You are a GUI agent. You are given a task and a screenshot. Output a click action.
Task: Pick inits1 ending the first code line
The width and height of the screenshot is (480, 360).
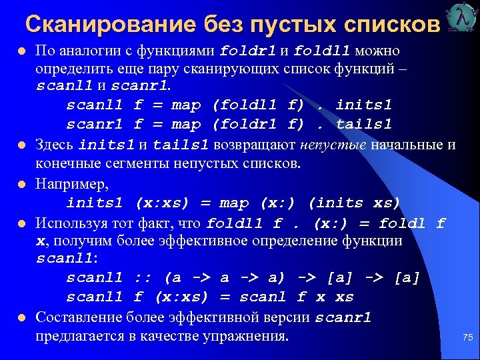pos(364,105)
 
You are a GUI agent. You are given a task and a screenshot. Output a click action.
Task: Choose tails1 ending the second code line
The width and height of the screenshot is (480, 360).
pos(364,125)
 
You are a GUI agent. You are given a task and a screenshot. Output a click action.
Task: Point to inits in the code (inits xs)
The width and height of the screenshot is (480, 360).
pos(337,203)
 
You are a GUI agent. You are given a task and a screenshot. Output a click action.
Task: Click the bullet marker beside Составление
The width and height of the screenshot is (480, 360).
pos(22,318)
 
